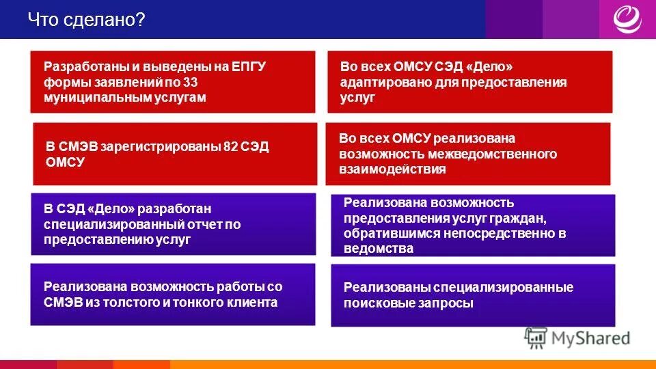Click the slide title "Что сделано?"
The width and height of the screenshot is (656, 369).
86,20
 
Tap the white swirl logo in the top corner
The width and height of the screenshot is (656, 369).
627,19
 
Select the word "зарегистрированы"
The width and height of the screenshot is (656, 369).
161,147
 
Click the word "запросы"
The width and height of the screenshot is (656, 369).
449,303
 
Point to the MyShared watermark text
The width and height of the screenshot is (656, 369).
590,338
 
